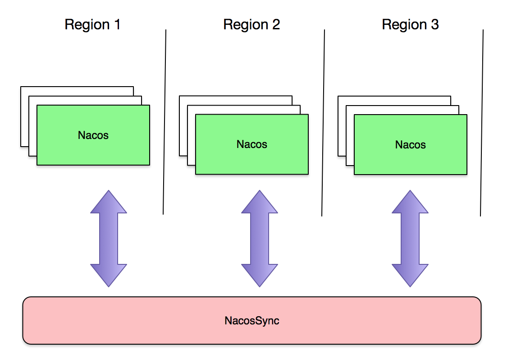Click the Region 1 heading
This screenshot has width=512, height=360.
click(x=92, y=24)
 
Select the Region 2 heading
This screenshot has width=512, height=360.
click(x=251, y=24)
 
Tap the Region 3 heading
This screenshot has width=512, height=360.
click(x=410, y=24)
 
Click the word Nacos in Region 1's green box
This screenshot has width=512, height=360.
click(x=93, y=135)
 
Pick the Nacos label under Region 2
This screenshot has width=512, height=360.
click(x=252, y=144)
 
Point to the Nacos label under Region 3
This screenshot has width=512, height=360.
click(x=411, y=145)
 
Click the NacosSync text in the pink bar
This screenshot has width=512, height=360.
click(x=252, y=321)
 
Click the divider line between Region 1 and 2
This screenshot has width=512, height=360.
click(x=165, y=122)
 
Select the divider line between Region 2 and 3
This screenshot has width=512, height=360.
click(x=323, y=122)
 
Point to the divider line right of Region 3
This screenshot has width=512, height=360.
click(x=482, y=122)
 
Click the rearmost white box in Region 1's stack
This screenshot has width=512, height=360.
click(x=24, y=117)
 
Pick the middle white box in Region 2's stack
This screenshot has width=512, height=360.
click(x=191, y=135)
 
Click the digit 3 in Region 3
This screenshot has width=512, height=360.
click(x=434, y=24)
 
